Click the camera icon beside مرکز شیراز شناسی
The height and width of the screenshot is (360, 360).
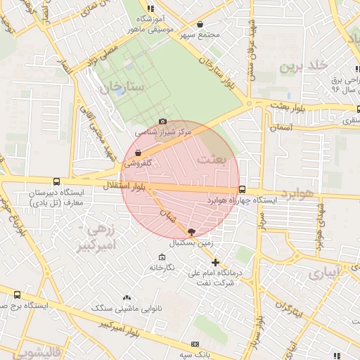[x=163, y=122]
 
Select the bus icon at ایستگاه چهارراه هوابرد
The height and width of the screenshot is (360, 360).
[x=243, y=189]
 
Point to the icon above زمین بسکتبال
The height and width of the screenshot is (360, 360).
[x=191, y=231]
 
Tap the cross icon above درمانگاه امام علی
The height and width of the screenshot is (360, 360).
[x=216, y=263]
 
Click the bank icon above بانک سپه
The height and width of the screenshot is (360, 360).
[x=195, y=344]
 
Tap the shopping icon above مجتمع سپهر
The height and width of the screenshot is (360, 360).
[x=200, y=24]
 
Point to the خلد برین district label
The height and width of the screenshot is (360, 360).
[x=304, y=66]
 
